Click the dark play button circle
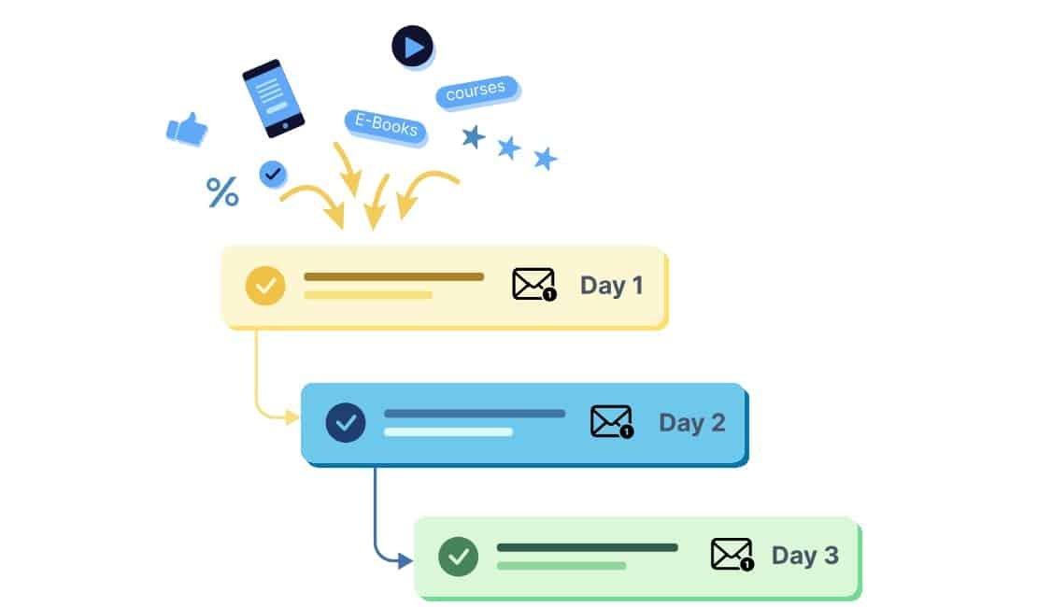coord(412,46)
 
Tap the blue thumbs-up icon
coord(187,129)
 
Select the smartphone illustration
coord(273,98)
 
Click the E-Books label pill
coord(386,125)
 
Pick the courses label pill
coord(476,92)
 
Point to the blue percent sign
coord(222,192)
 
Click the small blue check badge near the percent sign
coord(273,173)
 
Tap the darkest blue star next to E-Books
coord(474,137)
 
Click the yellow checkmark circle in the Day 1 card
coord(265,286)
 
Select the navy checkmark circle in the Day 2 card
coord(345,423)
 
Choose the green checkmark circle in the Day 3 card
coord(458,557)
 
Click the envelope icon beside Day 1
coord(533,284)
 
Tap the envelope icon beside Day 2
coord(612,421)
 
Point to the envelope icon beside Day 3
coord(732,554)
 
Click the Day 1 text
coord(612,285)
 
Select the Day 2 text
coord(692,422)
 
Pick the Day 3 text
coord(804,556)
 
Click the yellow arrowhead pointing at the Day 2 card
coord(292,416)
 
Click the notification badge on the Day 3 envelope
coord(746,565)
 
